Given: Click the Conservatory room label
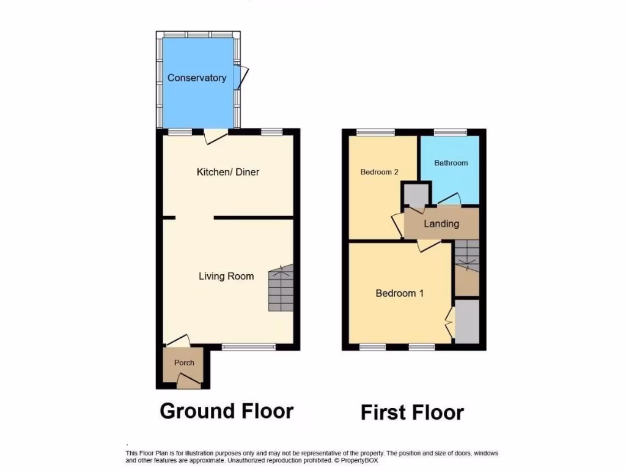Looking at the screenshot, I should tap(197, 78).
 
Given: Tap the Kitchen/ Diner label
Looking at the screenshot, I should tap(227, 172).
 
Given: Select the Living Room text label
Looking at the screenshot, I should tap(226, 276).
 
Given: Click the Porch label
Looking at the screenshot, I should tap(184, 362).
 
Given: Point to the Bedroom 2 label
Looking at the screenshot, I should tap(379, 172).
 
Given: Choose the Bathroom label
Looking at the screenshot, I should tap(451, 163).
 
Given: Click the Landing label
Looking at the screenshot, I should tap(441, 223).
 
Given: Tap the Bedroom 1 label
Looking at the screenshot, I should tap(399, 293).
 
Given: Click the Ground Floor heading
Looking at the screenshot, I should tap(226, 411).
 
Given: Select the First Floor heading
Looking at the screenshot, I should tap(412, 412).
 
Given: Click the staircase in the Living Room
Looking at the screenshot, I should tap(281, 289).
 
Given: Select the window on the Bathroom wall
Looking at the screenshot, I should tap(451, 132).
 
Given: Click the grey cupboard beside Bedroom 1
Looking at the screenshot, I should tap(468, 321).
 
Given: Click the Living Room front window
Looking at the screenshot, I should tap(248, 347).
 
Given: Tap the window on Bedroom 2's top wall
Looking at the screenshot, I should tap(375, 132).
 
